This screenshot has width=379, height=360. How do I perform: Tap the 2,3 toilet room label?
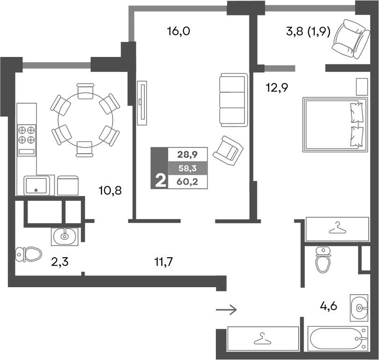pyautogui.click(x=60, y=261)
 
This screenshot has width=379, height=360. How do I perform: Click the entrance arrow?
pyautogui.click(x=227, y=310)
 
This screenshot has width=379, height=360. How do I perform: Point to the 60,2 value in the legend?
pyautogui.click(x=188, y=182)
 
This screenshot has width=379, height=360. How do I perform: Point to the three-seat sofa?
pyautogui.click(x=233, y=99)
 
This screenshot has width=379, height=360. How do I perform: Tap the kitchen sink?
pyautogui.click(x=36, y=185)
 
